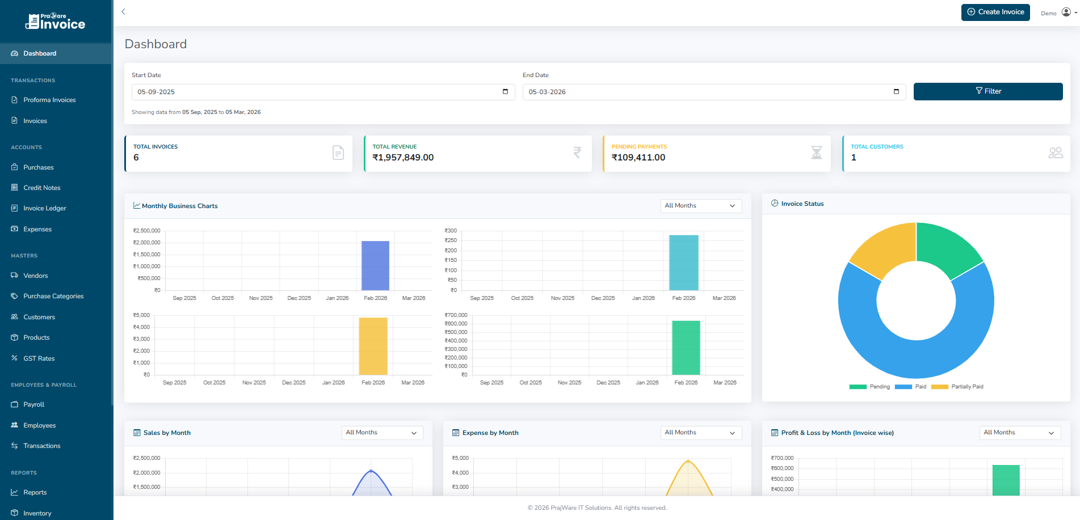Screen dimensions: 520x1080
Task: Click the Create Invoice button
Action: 995,12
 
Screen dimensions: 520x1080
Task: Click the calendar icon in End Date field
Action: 896,92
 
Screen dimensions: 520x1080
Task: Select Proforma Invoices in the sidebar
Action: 49,100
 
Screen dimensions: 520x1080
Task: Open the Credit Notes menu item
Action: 41,188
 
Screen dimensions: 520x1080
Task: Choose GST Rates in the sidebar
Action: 39,358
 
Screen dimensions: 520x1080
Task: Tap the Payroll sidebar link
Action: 33,404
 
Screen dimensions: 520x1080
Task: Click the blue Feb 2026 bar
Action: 375,265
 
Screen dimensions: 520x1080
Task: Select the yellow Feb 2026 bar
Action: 373,346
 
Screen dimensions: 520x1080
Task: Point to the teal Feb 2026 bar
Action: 683,263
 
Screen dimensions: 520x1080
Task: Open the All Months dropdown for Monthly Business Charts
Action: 700,206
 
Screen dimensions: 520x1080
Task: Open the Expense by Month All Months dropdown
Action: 700,433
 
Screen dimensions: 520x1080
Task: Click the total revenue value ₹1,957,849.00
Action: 403,158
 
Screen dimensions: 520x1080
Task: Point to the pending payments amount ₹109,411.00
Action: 638,158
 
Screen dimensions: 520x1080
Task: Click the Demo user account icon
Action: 1066,12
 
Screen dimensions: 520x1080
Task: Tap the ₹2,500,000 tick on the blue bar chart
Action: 146,231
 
